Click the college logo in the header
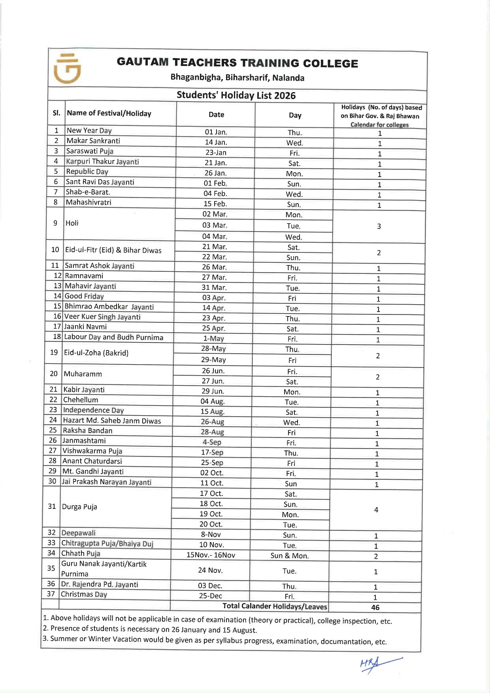pos(67,69)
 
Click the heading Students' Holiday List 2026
pos(236,95)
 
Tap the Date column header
pos(216,115)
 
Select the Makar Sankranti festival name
pos(93,141)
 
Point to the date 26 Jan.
pos(215,173)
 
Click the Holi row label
pos(72,223)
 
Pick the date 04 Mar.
pos(215,236)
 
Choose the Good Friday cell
pos(84,296)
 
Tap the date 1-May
pos(213,339)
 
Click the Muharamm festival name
pos(83,374)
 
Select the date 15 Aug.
pos(213,412)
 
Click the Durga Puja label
pos(79,507)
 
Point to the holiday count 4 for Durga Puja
pos(376,510)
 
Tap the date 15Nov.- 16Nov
pos(211,555)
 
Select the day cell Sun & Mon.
pos(290,556)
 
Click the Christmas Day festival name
pos(84,594)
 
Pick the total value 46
pos(375,607)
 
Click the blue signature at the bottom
pos(379,665)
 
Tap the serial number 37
pos(51,594)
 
